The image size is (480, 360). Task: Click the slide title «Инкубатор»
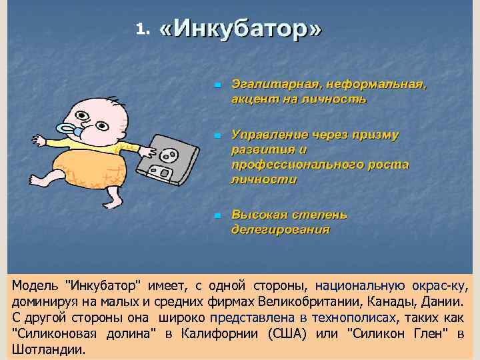point(241,29)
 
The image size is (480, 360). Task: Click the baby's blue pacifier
point(69,129)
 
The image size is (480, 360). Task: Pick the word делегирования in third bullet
point(280,230)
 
